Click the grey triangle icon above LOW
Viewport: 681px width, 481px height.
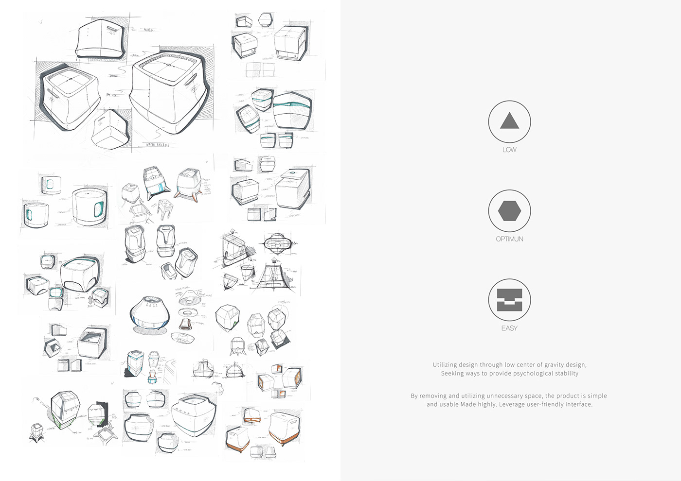[x=509, y=121]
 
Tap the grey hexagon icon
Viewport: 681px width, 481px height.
[x=509, y=211]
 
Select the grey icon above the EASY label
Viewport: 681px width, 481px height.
[x=509, y=300]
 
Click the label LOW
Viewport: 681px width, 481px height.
[x=509, y=150]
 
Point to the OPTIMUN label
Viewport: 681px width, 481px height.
[x=509, y=239]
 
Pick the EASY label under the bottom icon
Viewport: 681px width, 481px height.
[x=509, y=328]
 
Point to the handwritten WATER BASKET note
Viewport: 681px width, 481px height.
[x=158, y=145]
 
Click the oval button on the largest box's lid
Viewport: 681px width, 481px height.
[x=169, y=64]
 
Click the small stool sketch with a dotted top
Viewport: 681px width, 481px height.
[x=165, y=206]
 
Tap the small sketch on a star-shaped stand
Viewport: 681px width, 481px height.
[x=38, y=432]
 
